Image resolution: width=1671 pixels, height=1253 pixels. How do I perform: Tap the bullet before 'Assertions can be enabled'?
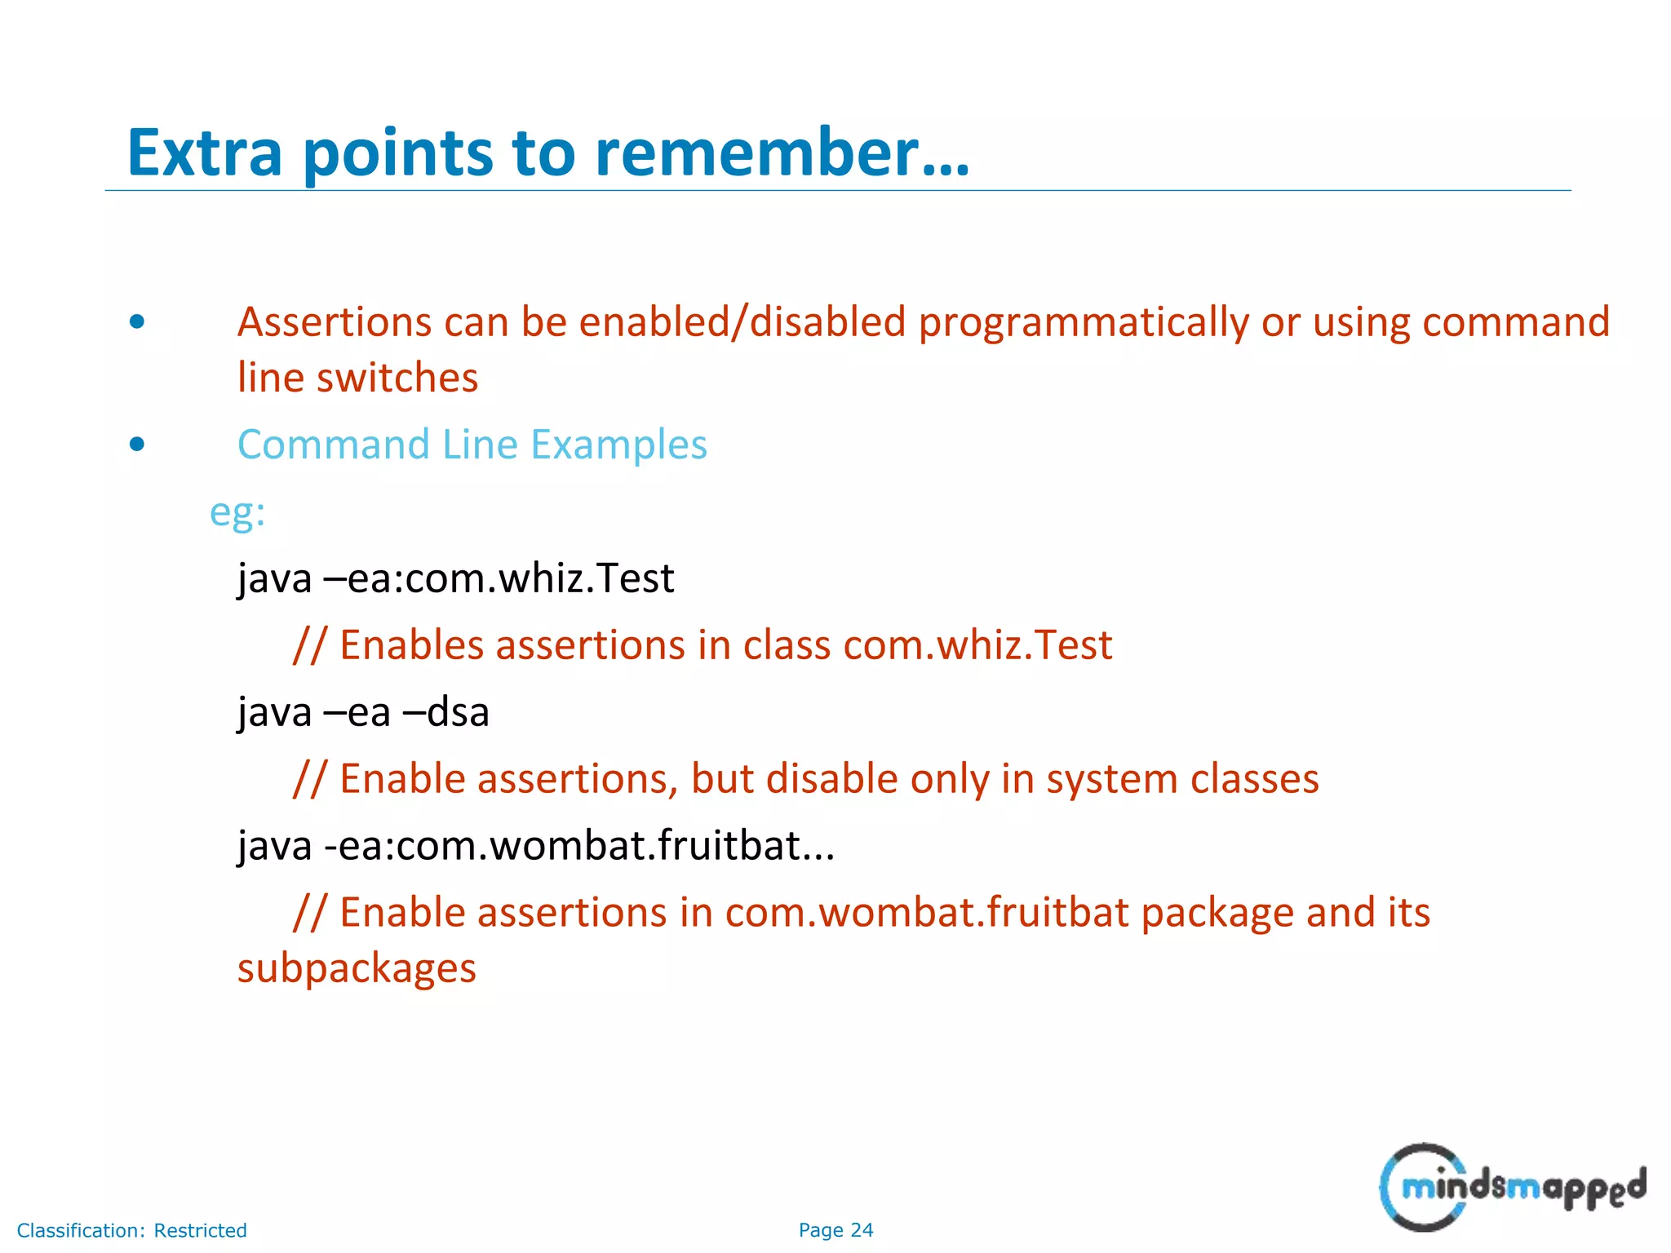point(137,321)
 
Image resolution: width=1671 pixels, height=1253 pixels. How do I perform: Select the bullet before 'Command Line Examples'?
point(137,445)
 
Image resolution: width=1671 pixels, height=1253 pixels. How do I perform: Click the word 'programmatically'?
point(1084,323)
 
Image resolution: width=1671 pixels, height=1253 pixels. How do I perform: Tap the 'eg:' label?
point(237,513)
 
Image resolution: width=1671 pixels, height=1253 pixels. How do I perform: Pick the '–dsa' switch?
point(446,712)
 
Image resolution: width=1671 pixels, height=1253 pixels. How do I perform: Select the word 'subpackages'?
point(357,968)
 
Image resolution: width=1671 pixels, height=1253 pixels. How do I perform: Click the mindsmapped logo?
point(1512,1187)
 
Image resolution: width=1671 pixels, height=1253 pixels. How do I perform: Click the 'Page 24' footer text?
point(835,1230)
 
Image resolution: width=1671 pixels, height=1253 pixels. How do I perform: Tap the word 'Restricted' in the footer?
point(200,1230)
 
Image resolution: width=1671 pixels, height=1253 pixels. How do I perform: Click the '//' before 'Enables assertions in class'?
point(310,645)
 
